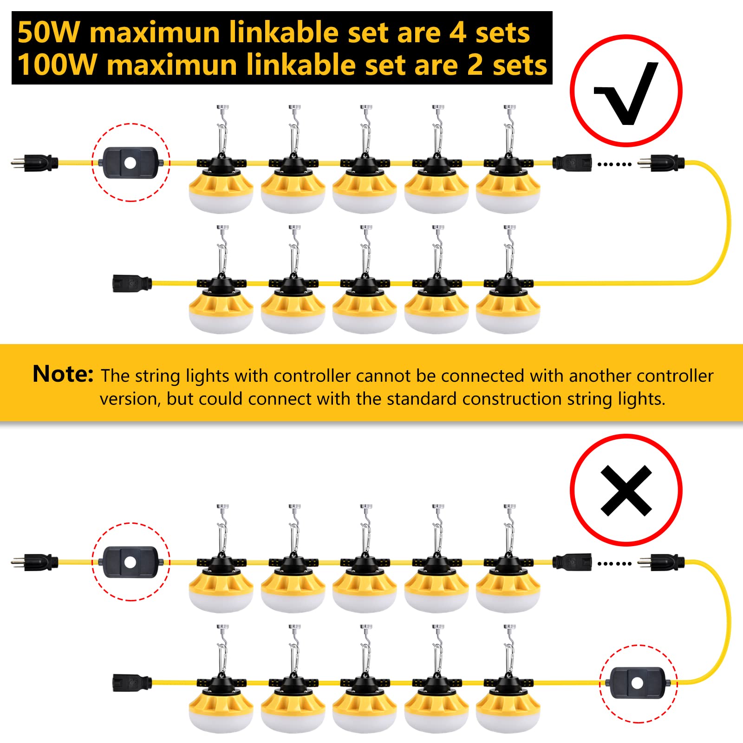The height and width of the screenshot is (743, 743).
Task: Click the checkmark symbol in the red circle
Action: (626, 93)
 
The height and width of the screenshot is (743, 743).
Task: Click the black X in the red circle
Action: (626, 491)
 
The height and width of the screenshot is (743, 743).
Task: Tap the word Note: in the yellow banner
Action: (63, 374)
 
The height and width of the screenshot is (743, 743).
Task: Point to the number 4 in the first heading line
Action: (457, 33)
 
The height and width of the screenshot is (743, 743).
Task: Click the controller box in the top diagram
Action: (130, 163)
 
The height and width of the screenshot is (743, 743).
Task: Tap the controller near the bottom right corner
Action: (638, 683)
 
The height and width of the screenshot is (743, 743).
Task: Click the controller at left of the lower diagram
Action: (130, 562)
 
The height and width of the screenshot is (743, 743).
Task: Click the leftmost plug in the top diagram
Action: (35, 163)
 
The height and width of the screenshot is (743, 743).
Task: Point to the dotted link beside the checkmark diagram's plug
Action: (614, 164)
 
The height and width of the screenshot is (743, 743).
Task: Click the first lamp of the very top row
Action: (221, 186)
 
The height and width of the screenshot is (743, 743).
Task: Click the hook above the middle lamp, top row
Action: (366, 125)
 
